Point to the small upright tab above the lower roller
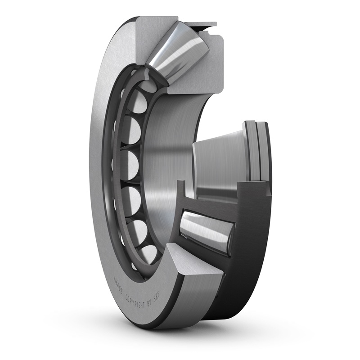tap(180, 191)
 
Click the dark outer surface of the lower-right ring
tap(252, 252)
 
